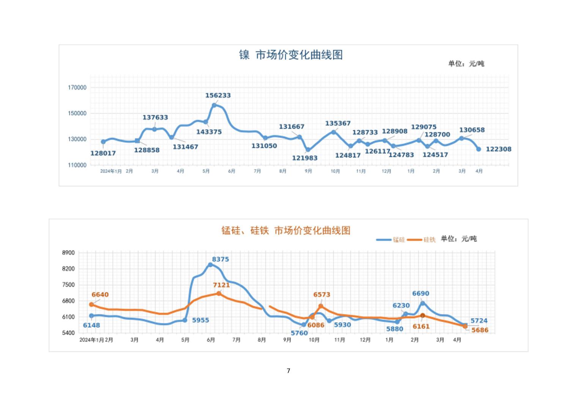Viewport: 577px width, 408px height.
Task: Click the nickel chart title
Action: pyautogui.click(x=291, y=55)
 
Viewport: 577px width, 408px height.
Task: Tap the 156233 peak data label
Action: pyautogui.click(x=218, y=95)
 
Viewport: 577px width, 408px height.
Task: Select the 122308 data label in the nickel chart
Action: pyautogui.click(x=498, y=149)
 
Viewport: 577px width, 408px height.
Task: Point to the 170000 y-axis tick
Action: pyautogui.click(x=77, y=87)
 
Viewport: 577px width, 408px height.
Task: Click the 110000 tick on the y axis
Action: pyautogui.click(x=77, y=165)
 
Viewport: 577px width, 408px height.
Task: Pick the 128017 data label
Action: pyautogui.click(x=103, y=153)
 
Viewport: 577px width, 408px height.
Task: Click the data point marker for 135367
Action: pyautogui.click(x=334, y=132)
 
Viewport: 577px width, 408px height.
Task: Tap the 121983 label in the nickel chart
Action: pyautogui.click(x=304, y=158)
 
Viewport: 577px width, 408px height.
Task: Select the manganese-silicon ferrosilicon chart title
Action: pyautogui.click(x=286, y=231)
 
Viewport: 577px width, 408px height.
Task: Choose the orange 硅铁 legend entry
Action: pyautogui.click(x=422, y=240)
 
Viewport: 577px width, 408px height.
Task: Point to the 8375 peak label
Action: pyautogui.click(x=220, y=259)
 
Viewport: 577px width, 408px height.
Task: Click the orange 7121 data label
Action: pyautogui.click(x=221, y=285)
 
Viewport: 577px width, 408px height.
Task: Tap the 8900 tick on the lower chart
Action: pyautogui.click(x=68, y=253)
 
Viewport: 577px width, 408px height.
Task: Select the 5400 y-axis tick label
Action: pyautogui.click(x=68, y=333)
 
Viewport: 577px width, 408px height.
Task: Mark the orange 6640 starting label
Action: pyautogui.click(x=100, y=295)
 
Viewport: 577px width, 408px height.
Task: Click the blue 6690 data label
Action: pyautogui.click(x=421, y=294)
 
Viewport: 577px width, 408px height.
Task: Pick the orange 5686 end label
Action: pyautogui.click(x=480, y=330)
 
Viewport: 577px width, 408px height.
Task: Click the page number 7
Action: pyautogui.click(x=288, y=371)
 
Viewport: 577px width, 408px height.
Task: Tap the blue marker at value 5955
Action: pyautogui.click(x=185, y=320)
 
